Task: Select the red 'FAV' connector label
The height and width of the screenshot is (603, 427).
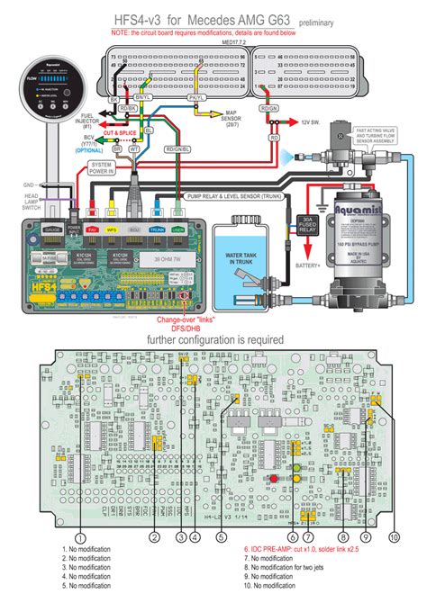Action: pos(91,230)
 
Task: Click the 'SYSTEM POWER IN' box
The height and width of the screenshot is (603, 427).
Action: pos(102,168)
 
